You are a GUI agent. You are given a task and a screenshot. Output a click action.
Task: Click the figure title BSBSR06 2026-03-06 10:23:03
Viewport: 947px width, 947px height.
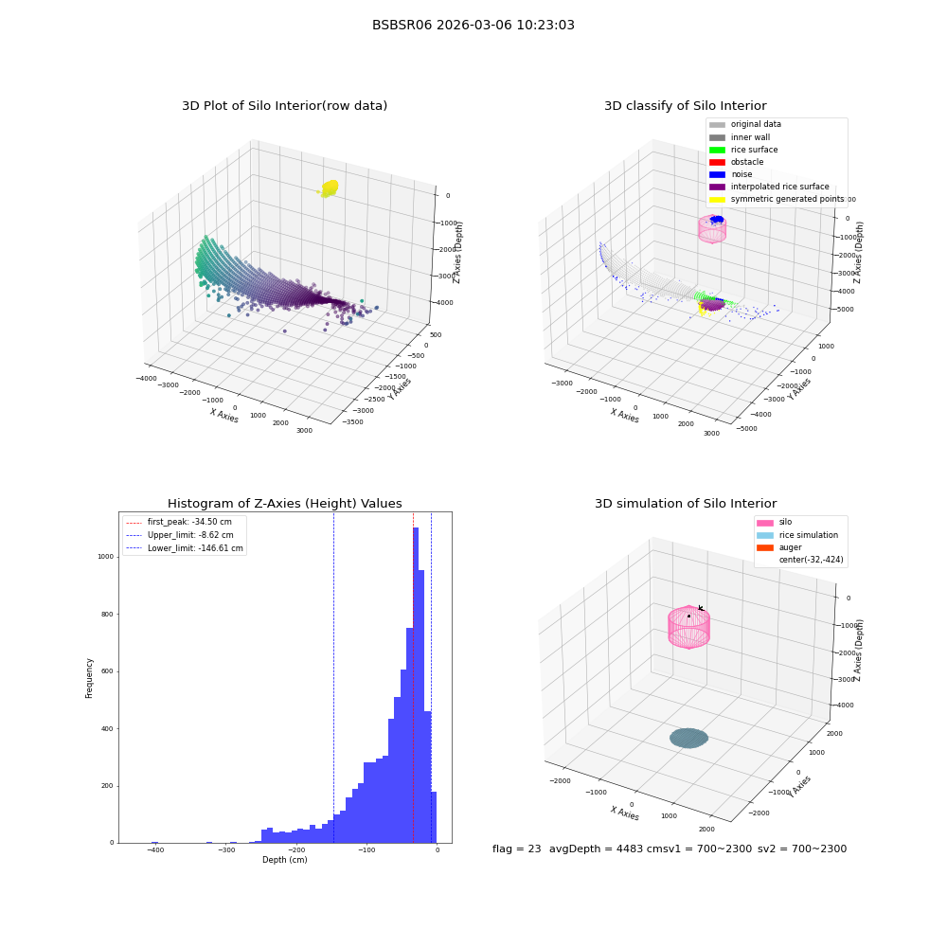[473, 25]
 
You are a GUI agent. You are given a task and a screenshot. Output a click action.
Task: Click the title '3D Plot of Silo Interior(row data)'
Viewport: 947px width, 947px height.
[284, 106]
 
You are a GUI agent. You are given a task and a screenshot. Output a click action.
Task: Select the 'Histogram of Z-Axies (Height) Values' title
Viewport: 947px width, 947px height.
[284, 503]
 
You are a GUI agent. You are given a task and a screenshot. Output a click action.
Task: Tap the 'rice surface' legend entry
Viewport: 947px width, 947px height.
[743, 150]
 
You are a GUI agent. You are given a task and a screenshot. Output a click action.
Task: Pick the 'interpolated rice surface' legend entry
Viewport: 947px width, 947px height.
[769, 187]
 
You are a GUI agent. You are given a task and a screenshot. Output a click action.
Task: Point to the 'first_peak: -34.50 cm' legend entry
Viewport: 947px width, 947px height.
[179, 522]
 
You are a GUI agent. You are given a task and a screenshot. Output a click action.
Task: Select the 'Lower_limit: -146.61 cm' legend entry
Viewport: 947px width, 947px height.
[185, 548]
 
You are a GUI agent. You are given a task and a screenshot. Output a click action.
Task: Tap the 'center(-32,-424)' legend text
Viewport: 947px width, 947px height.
[812, 560]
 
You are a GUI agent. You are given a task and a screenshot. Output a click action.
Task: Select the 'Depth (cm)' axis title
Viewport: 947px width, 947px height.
[284, 860]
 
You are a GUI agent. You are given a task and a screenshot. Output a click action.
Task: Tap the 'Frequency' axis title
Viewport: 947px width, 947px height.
[89, 678]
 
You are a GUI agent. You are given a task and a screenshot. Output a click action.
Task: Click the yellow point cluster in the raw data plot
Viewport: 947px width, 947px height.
[330, 188]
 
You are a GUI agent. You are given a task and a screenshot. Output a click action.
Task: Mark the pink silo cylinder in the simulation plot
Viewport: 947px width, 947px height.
[688, 627]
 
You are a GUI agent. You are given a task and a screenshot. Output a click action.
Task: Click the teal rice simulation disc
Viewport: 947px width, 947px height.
[688, 738]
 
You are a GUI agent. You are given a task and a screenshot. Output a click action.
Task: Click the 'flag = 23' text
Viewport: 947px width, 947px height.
[516, 849]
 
